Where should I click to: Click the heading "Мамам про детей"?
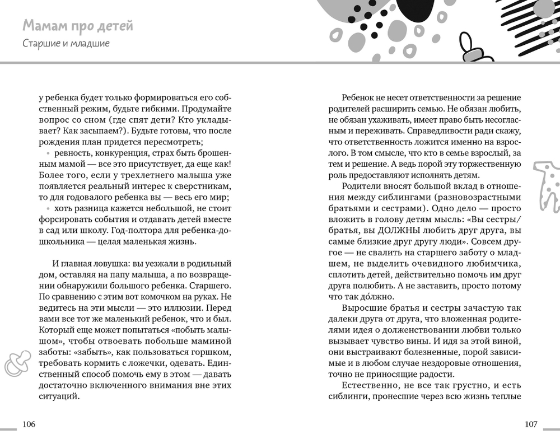pyautogui.click(x=78, y=26)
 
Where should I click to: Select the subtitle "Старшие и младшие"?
pyautogui.click(x=66, y=44)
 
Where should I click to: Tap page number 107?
pyautogui.click(x=531, y=424)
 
